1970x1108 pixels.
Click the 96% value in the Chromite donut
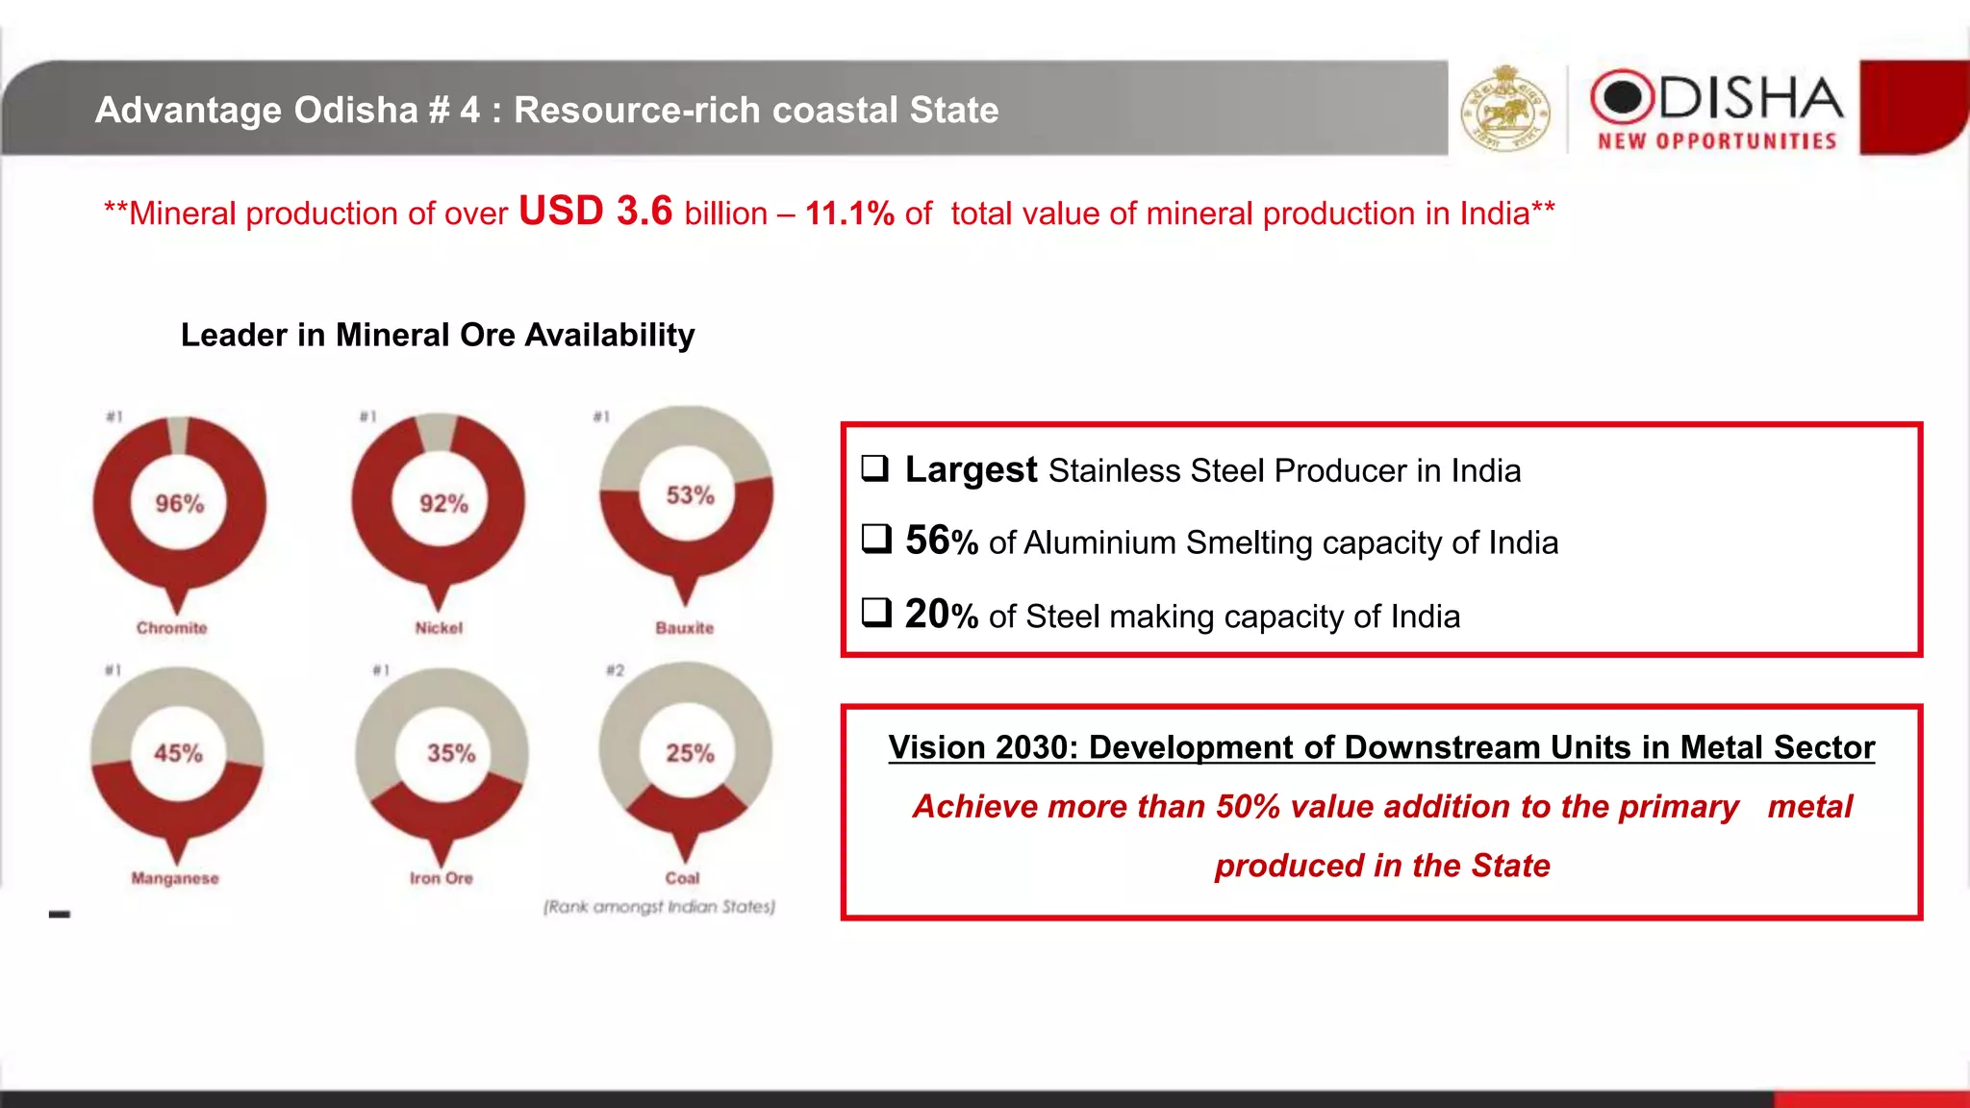pyautogui.click(x=180, y=504)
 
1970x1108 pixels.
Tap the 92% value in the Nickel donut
pyautogui.click(x=443, y=504)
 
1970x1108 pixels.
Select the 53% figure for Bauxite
pyautogui.click(x=690, y=495)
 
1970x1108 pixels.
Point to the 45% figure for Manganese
pyautogui.click(x=178, y=753)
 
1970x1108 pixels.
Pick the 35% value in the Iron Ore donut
pyautogui.click(x=451, y=753)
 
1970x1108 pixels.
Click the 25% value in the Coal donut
pyautogui.click(x=690, y=753)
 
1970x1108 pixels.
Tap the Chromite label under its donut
pyautogui.click(x=171, y=628)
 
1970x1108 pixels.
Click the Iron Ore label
pyautogui.click(x=441, y=878)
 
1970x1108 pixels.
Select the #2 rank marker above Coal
pyautogui.click(x=615, y=670)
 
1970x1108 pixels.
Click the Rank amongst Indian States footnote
pyautogui.click(x=659, y=906)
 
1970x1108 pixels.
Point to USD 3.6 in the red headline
pyautogui.click(x=595, y=211)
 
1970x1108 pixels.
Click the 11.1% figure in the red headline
pyautogui.click(x=849, y=214)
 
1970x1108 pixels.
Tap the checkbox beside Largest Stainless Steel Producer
pyautogui.click(x=874, y=468)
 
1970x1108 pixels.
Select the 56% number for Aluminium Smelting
pyautogui.click(x=941, y=541)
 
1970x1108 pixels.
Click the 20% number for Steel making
pyautogui.click(x=941, y=615)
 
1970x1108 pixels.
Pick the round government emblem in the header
pyautogui.click(x=1505, y=109)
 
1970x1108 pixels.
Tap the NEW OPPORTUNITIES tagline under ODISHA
pyautogui.click(x=1717, y=141)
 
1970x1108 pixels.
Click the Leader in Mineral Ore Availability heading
pyautogui.click(x=438, y=335)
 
